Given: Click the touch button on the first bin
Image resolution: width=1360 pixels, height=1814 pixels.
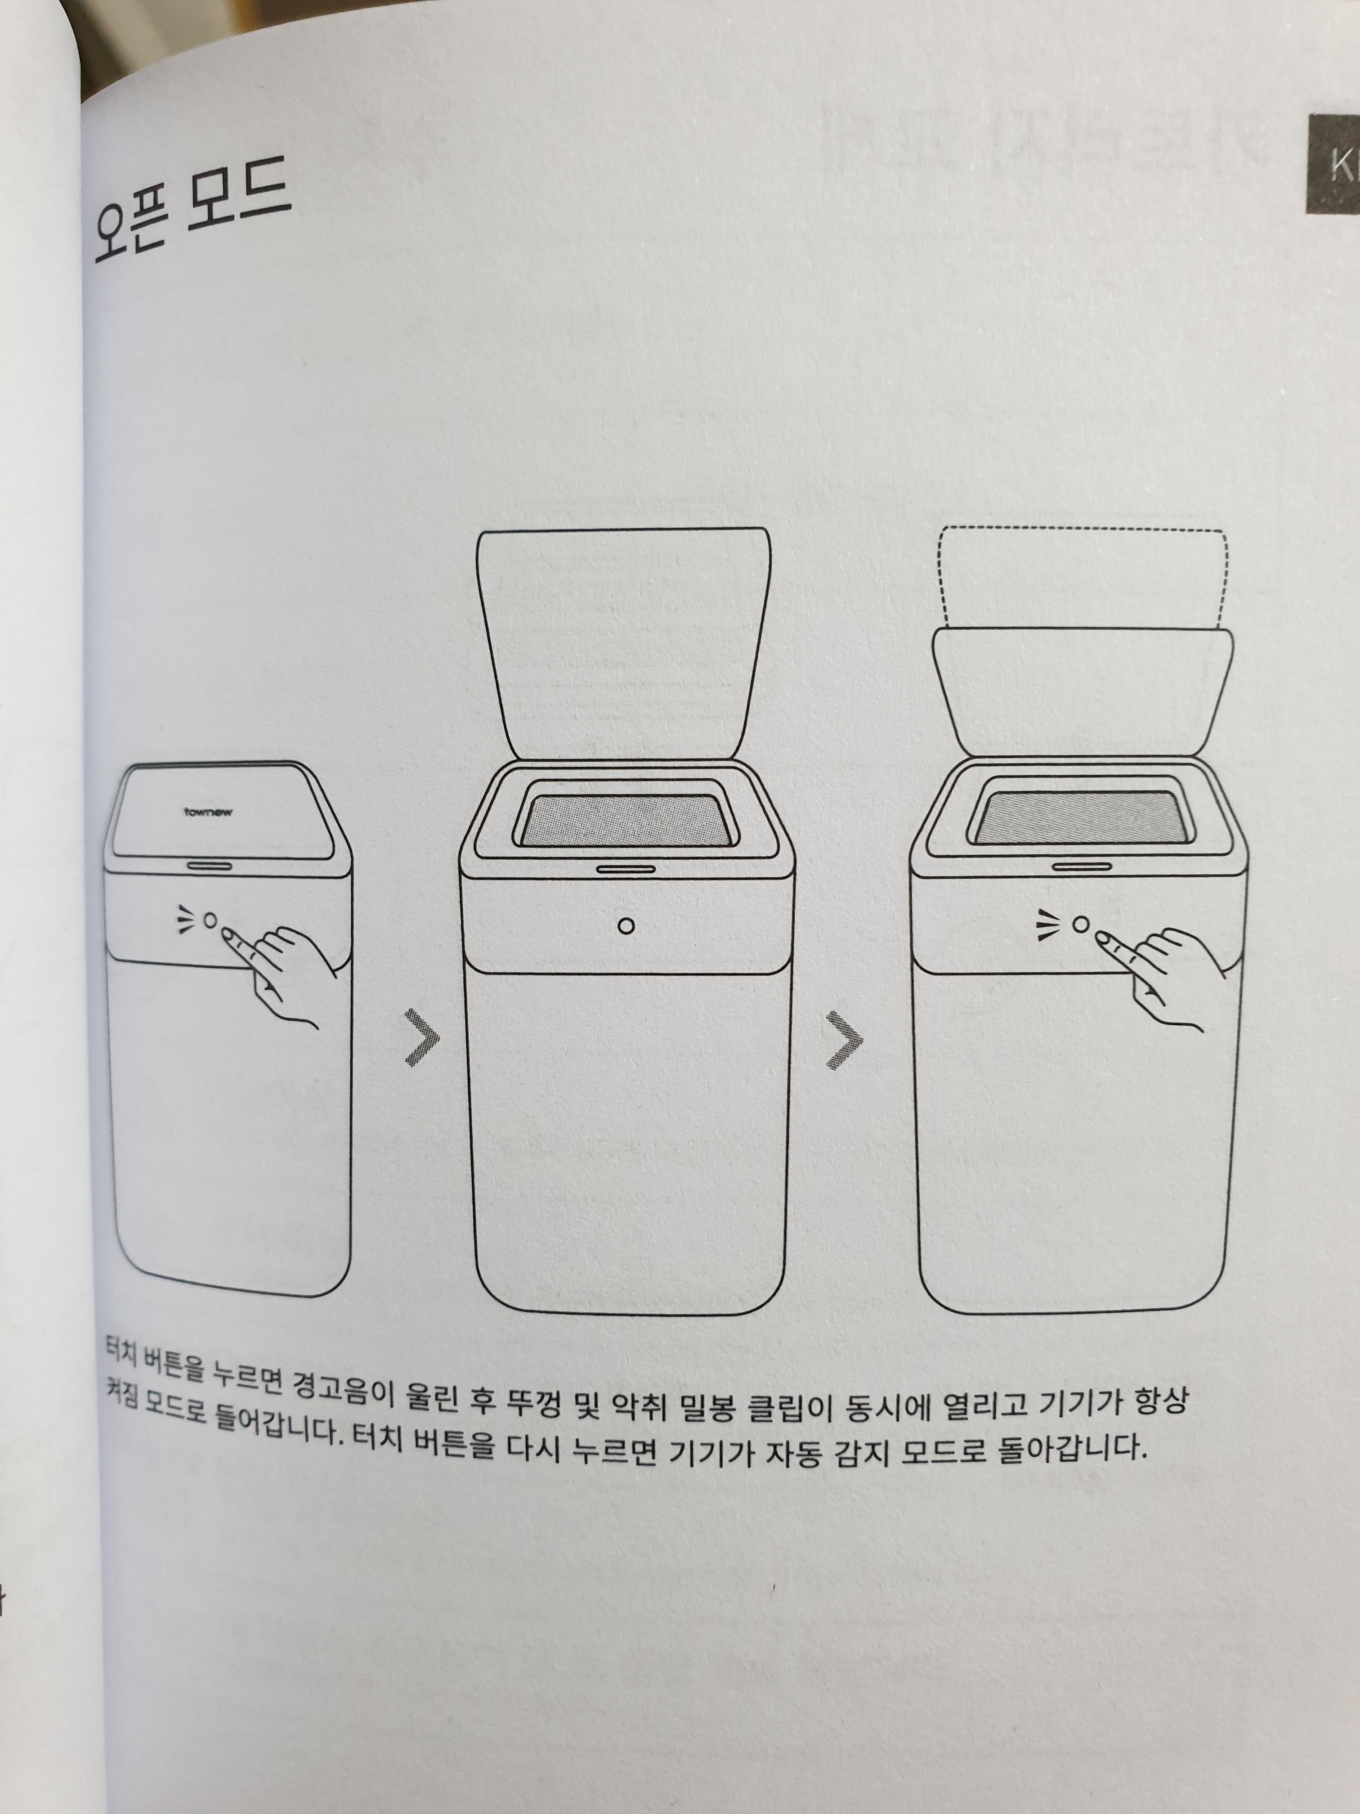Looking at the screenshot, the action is [x=210, y=920].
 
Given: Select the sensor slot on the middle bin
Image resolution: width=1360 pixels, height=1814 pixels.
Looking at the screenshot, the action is [x=626, y=868].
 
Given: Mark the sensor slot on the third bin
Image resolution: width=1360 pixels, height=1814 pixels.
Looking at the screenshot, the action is [x=1082, y=865].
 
